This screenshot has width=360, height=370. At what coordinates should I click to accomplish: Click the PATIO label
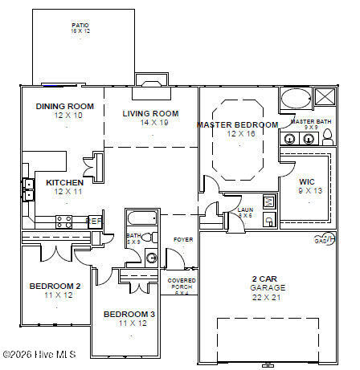(x=80, y=25)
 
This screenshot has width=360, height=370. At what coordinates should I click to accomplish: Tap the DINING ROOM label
(x=65, y=106)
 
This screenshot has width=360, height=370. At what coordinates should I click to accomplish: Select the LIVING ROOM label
(x=150, y=113)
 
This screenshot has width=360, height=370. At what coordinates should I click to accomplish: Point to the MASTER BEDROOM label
(x=238, y=124)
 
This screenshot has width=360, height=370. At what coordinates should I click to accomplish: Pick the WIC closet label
(x=307, y=181)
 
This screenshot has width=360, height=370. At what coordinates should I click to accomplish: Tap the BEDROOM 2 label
(x=55, y=287)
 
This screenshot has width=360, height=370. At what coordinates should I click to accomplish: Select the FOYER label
(x=183, y=239)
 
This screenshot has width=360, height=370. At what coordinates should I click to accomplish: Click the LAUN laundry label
(x=244, y=210)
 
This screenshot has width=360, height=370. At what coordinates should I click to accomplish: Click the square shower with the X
(x=325, y=99)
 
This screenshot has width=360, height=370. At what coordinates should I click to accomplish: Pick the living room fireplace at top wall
(x=149, y=81)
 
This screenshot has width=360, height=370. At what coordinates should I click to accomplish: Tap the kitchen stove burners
(x=63, y=219)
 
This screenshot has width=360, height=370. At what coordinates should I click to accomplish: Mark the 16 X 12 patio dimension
(x=80, y=32)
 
